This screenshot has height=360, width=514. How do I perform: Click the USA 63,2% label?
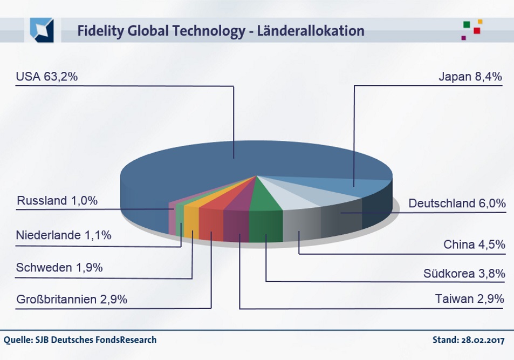[x=47, y=77]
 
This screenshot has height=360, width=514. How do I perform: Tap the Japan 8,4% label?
[x=470, y=77]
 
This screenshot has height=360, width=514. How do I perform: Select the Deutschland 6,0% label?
[x=457, y=203]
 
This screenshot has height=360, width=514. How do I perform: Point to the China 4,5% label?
[x=474, y=244]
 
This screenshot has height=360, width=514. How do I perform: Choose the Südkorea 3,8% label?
[x=464, y=274]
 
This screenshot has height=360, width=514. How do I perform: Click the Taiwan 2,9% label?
[x=469, y=298]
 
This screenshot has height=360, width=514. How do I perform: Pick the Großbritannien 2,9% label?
[x=72, y=299]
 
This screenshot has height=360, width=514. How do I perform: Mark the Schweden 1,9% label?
[x=59, y=268]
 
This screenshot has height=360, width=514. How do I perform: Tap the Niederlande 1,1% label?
[x=64, y=235]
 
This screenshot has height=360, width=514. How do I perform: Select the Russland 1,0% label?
[x=57, y=201]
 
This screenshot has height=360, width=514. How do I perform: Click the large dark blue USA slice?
[x=216, y=162]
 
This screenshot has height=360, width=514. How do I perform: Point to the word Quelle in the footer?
[x=17, y=340]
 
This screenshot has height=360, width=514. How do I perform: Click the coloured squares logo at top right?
[x=471, y=30]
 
